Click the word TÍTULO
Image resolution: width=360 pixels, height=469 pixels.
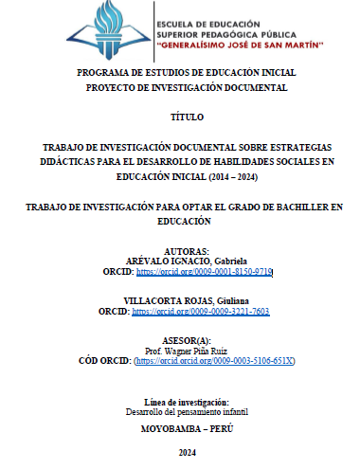(x=179, y=117)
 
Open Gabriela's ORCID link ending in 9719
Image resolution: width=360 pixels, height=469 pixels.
(x=205, y=271)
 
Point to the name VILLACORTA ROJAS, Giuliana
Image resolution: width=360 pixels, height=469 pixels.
(x=179, y=299)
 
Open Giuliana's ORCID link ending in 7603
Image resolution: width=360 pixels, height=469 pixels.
(x=200, y=310)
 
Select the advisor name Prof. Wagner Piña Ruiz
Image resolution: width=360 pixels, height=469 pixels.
(x=179, y=351)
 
